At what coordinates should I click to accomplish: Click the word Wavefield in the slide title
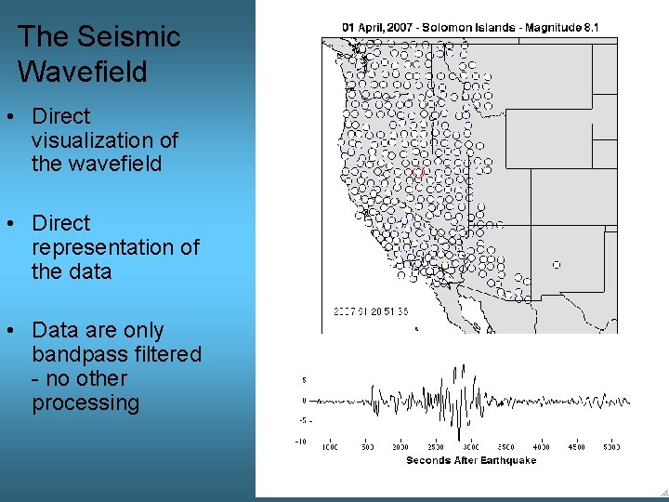pyautogui.click(x=83, y=72)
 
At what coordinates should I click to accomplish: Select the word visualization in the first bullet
pyautogui.click(x=104, y=140)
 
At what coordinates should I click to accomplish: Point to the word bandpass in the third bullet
pyautogui.click(x=72, y=354)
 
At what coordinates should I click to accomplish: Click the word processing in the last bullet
pyautogui.click(x=85, y=403)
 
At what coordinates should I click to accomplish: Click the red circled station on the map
pyautogui.click(x=418, y=173)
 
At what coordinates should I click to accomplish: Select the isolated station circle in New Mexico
pyautogui.click(x=557, y=265)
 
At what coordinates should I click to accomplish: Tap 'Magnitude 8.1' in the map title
pyautogui.click(x=562, y=28)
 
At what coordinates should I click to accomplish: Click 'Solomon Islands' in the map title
pyautogui.click(x=470, y=28)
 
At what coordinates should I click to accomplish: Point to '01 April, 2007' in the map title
pyautogui.click(x=381, y=28)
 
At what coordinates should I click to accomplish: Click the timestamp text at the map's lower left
pyautogui.click(x=370, y=311)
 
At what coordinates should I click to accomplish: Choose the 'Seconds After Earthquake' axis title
pyautogui.click(x=471, y=460)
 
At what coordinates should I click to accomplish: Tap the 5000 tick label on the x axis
pyautogui.click(x=610, y=448)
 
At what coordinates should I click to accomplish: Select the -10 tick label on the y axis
pyautogui.click(x=301, y=442)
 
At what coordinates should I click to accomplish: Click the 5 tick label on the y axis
pyautogui.click(x=304, y=379)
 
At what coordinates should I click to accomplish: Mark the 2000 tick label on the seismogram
pyautogui.click(x=400, y=448)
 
